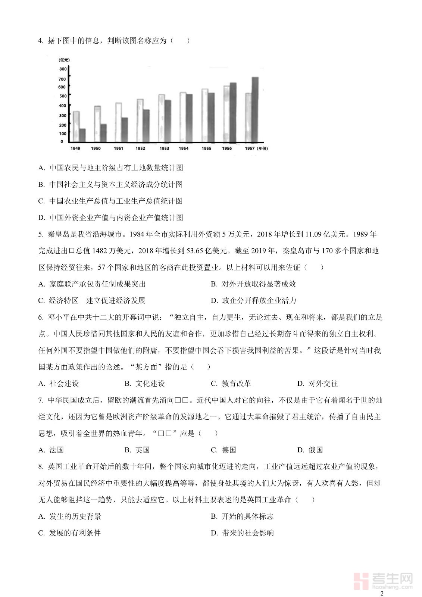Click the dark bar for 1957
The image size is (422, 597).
255,110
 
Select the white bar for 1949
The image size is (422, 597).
76,126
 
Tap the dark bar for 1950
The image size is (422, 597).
103,133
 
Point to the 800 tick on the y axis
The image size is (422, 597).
63,69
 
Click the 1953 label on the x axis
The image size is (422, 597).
164,149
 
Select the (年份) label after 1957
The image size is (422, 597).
262,149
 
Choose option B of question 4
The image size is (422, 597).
111,184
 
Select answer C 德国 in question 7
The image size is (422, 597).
224,450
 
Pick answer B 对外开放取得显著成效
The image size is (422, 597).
254,284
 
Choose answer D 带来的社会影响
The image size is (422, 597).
243,533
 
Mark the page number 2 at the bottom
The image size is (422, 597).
381,593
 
